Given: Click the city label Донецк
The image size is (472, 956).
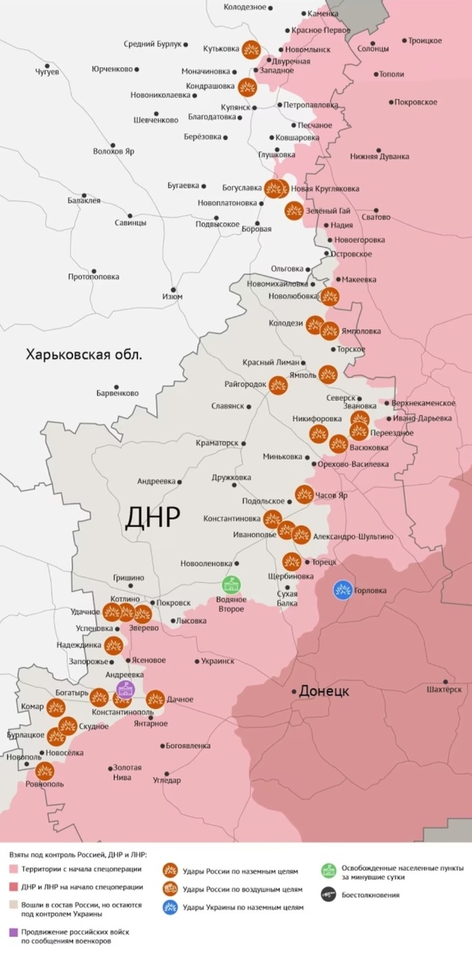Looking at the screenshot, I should [324, 692].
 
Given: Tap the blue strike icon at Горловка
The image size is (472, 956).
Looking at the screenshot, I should [343, 590].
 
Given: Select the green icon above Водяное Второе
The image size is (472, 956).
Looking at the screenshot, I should [231, 586].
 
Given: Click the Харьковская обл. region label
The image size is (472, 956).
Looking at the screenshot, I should [83, 355].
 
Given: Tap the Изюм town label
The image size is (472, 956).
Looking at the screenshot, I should [172, 296].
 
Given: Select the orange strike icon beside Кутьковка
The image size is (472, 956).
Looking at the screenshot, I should [252, 49].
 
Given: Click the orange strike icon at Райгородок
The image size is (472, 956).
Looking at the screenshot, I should [277, 385].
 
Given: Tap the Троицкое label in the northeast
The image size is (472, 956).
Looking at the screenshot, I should [424, 40].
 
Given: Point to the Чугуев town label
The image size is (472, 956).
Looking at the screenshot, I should [47, 72].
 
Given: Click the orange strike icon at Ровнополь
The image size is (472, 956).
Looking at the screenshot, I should [45, 771].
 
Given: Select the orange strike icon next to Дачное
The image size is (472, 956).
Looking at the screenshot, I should [155, 698].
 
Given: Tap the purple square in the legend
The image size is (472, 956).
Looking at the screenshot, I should [14, 932].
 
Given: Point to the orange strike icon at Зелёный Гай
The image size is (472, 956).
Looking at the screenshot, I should [293, 211].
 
